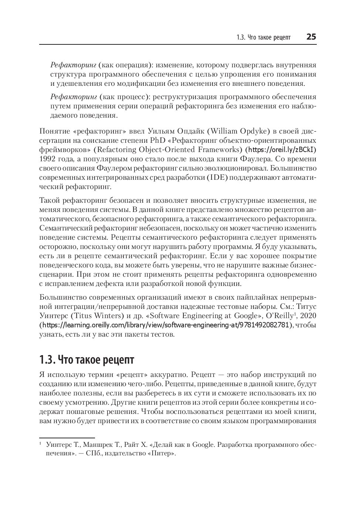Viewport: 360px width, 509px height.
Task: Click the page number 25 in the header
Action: click(x=311, y=37)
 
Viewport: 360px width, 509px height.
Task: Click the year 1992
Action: click(x=48, y=159)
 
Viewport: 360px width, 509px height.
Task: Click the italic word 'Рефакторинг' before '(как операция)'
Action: click(x=73, y=65)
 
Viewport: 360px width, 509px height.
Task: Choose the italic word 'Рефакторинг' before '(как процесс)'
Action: click(x=73, y=97)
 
